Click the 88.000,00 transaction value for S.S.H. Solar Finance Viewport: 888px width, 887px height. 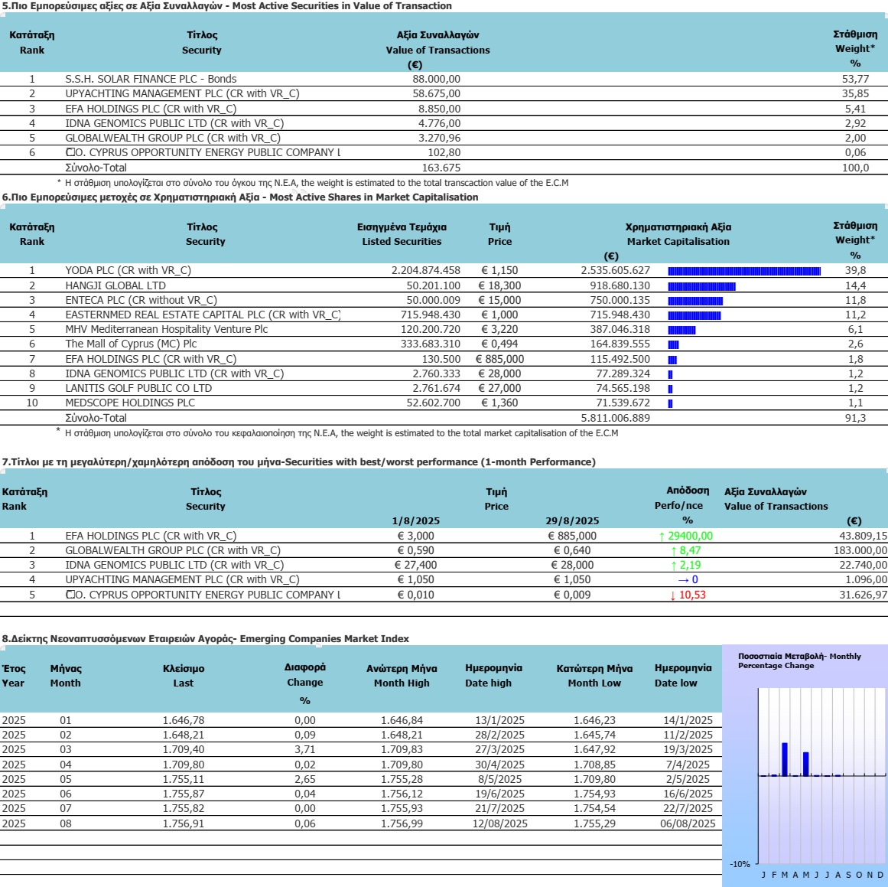(436, 79)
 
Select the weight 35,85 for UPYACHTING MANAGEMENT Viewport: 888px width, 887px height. (855, 93)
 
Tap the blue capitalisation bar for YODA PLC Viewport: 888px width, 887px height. (744, 272)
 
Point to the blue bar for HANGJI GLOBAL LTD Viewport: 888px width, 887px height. (701, 286)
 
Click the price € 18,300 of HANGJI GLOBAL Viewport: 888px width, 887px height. (499, 285)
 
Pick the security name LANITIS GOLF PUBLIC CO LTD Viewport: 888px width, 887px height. (138, 388)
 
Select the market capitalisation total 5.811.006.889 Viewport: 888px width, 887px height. (615, 418)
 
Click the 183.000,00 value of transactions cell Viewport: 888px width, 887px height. (860, 550)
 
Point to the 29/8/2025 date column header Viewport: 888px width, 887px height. (572, 521)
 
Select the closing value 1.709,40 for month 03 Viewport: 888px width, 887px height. (184, 749)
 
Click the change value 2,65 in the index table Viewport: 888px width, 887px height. (304, 779)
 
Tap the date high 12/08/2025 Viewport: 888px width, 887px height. (499, 823)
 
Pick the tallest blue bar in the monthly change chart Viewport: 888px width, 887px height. (785, 759)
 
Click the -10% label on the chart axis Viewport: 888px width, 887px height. (740, 864)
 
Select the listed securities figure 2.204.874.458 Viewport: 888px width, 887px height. (426, 270)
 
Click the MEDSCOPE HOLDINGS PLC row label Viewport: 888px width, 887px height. (130, 403)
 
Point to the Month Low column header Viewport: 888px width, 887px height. (594, 683)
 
